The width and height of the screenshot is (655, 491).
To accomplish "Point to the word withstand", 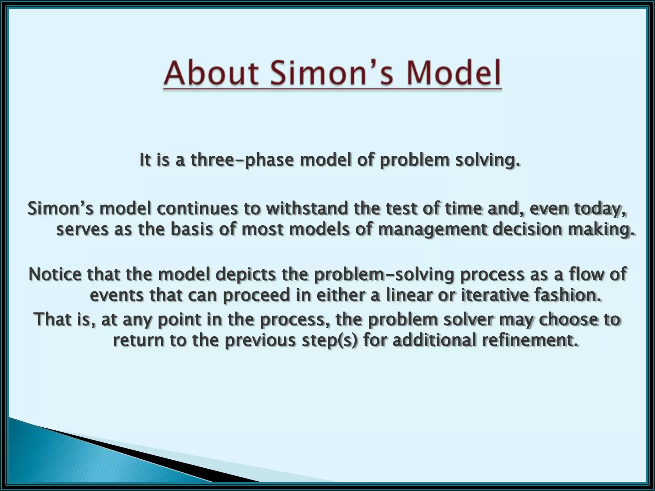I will (x=307, y=209).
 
